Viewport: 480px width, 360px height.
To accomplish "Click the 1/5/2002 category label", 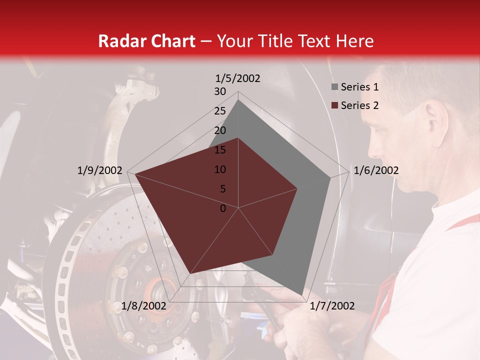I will click(x=237, y=78).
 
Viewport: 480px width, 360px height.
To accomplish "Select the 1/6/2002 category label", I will click(x=376, y=170).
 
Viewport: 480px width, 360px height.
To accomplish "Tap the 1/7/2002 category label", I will click(x=332, y=306).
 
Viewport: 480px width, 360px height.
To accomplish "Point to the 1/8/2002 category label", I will click(x=144, y=306).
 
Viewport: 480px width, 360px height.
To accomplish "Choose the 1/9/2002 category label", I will click(x=100, y=170).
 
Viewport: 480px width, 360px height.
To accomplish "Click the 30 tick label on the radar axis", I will click(x=220, y=91).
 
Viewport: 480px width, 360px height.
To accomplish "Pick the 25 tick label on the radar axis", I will click(x=220, y=111).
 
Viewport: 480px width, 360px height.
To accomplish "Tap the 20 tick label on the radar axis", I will click(x=220, y=130).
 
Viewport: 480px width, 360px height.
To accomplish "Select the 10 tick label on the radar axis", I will click(x=220, y=169).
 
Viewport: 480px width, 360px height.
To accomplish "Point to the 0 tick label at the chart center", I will click(x=223, y=208).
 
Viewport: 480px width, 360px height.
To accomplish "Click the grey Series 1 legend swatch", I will click(x=334, y=87).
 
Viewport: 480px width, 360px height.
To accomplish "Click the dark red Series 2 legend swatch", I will click(x=334, y=105).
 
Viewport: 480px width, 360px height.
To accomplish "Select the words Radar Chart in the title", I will click(x=146, y=41).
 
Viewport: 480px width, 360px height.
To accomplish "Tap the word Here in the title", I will click(x=354, y=41).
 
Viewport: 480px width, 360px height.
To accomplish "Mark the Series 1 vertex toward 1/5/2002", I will click(x=238, y=100).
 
